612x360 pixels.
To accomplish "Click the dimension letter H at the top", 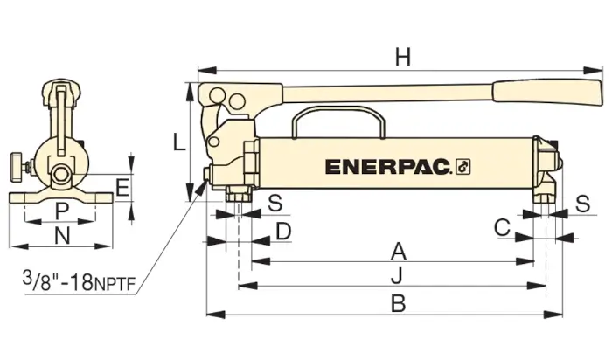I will click(x=402, y=58).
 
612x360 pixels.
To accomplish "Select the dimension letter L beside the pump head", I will click(x=178, y=142).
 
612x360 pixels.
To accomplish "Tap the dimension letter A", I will click(x=398, y=252).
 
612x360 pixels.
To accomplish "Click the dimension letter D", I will click(x=282, y=231).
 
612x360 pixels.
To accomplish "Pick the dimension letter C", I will click(x=502, y=227).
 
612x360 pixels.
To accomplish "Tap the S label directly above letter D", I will click(x=275, y=204).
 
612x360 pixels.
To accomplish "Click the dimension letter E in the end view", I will click(x=122, y=188).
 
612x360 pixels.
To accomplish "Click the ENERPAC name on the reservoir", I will click(x=386, y=166).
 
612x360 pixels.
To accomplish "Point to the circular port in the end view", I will click(x=63, y=173).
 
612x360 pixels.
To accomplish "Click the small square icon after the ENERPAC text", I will click(x=463, y=166).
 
